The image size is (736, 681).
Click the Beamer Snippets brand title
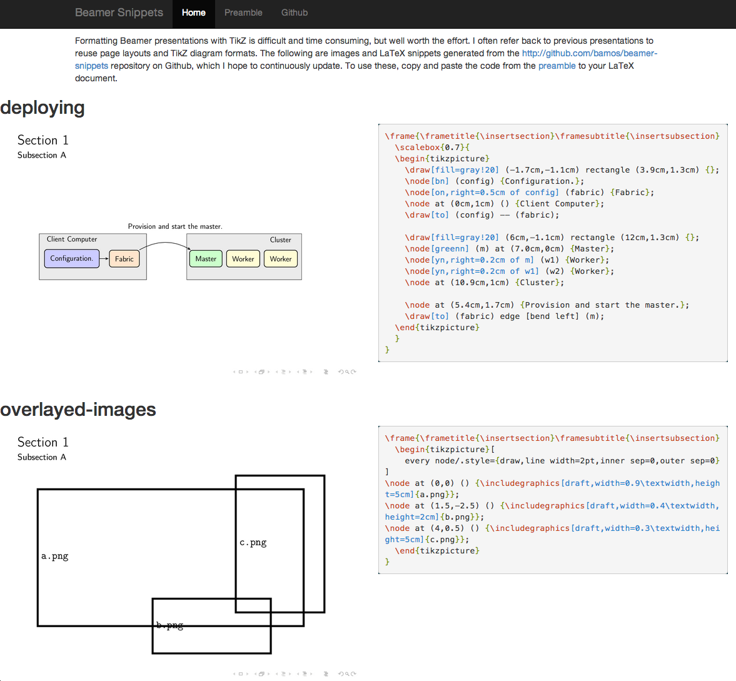[x=119, y=13]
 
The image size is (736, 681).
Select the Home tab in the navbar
[x=194, y=13]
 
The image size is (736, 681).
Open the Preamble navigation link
[x=243, y=13]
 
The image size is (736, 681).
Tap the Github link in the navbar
[x=295, y=13]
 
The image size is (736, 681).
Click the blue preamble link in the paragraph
[x=557, y=66]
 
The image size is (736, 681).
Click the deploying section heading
[x=43, y=108]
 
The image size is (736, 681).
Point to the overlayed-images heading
[x=78, y=410]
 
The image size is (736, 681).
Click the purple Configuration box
[x=71, y=258]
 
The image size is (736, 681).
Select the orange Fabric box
[x=124, y=259]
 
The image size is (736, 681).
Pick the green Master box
[x=206, y=259]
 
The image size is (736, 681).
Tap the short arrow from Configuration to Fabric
[x=104, y=259]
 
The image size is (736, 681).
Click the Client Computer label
[x=72, y=239]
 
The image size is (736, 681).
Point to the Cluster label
[x=280, y=240]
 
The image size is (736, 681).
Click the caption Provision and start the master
[x=175, y=226]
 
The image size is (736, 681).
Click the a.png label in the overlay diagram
[x=55, y=556]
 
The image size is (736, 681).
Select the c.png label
[x=253, y=542]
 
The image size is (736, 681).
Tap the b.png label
[x=169, y=625]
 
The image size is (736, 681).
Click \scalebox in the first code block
[x=417, y=148]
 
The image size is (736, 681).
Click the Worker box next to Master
[x=243, y=259]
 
